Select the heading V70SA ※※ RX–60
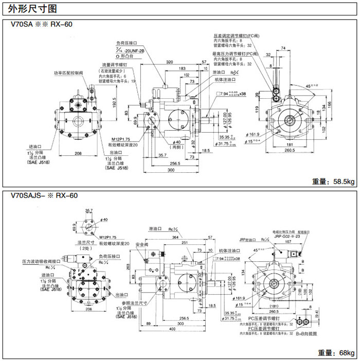(36, 25)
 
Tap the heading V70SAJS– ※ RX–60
(41, 196)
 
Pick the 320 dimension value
(169, 62)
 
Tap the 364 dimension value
(176, 238)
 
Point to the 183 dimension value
(182, 68)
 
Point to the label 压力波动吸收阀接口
(41, 261)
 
